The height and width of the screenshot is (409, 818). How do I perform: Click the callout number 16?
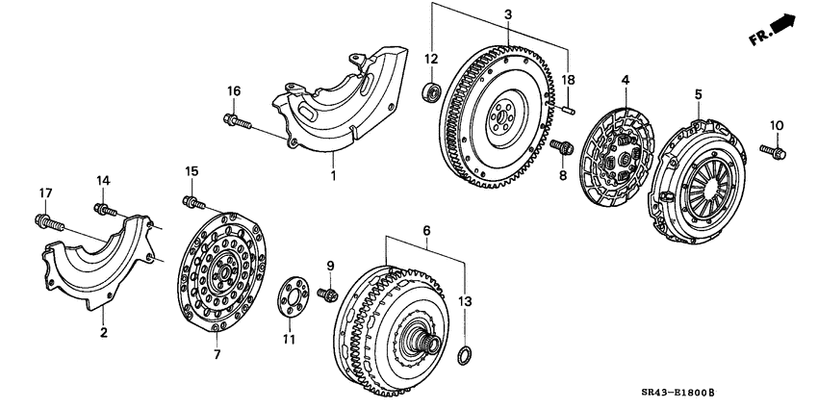coord(232,91)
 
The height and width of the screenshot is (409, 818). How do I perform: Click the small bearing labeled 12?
coord(433,93)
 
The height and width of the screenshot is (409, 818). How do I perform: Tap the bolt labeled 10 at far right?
coord(773,150)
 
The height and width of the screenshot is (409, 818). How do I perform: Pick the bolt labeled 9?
coord(329,294)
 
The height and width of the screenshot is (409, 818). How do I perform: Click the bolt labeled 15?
coord(193,201)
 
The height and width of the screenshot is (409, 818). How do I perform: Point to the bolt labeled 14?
coord(104,208)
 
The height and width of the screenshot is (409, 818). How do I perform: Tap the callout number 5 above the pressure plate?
coord(698,93)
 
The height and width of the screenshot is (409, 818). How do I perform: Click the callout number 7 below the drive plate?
coord(217,355)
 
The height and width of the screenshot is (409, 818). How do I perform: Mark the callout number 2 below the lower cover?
coord(104,333)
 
